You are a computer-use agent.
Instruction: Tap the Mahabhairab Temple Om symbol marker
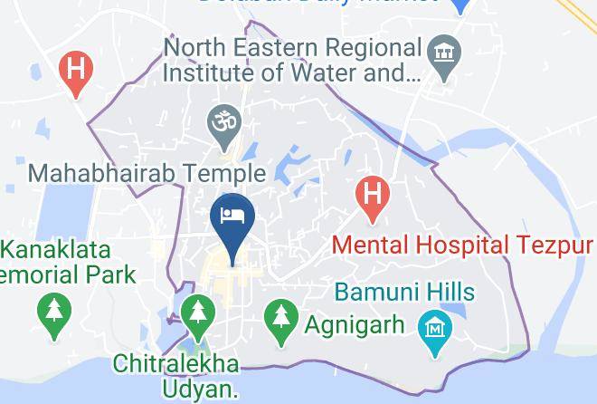coord(223,121)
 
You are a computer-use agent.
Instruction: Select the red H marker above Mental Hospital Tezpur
coord(372,194)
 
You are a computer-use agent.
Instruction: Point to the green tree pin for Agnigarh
coord(281,318)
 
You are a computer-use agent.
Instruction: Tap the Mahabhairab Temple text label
coord(147,172)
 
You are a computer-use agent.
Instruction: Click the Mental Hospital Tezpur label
coord(460,245)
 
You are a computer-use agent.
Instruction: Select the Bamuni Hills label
coord(404,293)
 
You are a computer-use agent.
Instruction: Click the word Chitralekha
coord(176,364)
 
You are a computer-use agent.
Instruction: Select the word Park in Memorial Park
coord(111,274)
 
